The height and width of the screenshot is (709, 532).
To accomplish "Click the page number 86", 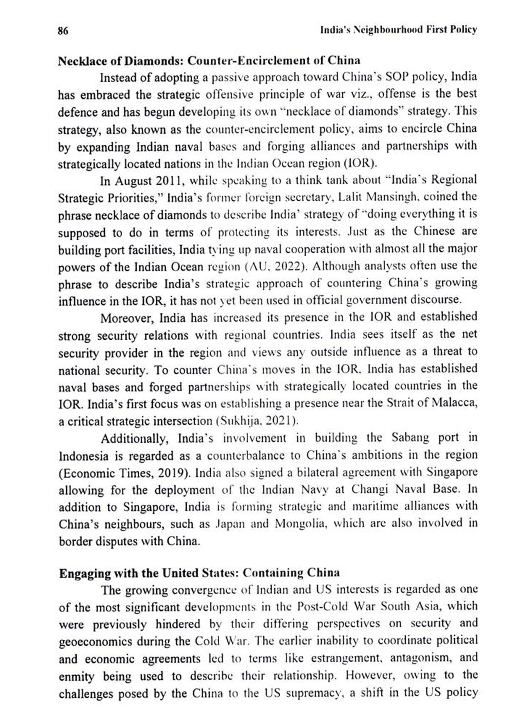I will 63,31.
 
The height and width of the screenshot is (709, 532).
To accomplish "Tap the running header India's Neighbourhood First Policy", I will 398,30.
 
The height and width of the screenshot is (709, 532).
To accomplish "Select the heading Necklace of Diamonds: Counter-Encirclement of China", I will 209,61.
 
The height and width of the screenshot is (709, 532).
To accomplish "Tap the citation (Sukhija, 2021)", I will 257,421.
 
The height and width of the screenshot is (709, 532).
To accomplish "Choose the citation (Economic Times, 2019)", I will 125,473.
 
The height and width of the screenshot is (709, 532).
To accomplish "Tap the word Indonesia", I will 83,456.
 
